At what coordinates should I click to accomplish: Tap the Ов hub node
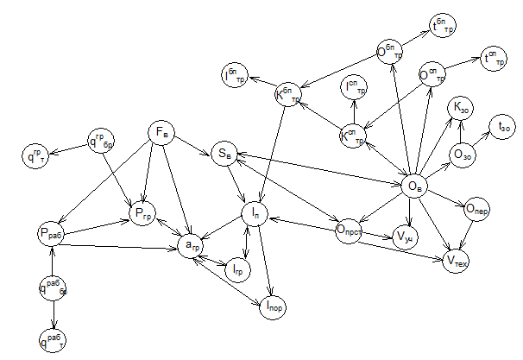[x=416, y=184]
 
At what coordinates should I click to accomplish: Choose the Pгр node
[x=143, y=211]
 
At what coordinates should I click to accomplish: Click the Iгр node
[x=236, y=271]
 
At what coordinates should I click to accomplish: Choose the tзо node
[x=502, y=127]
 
